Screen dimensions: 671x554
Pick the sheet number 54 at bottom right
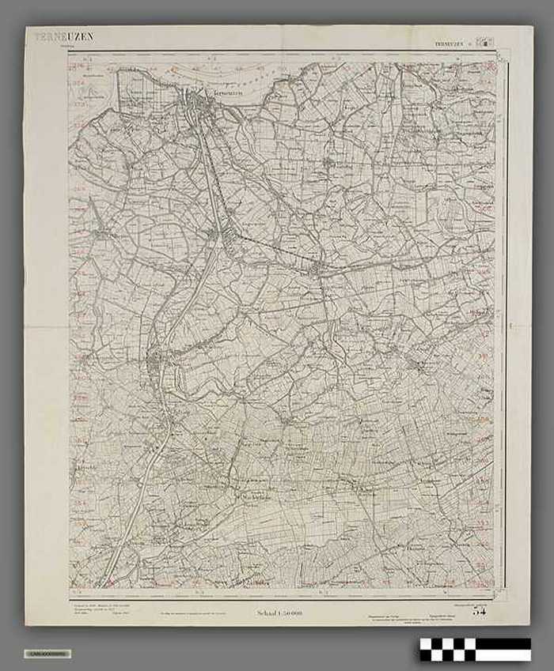[480, 610]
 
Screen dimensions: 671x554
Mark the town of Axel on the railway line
[317, 270]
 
